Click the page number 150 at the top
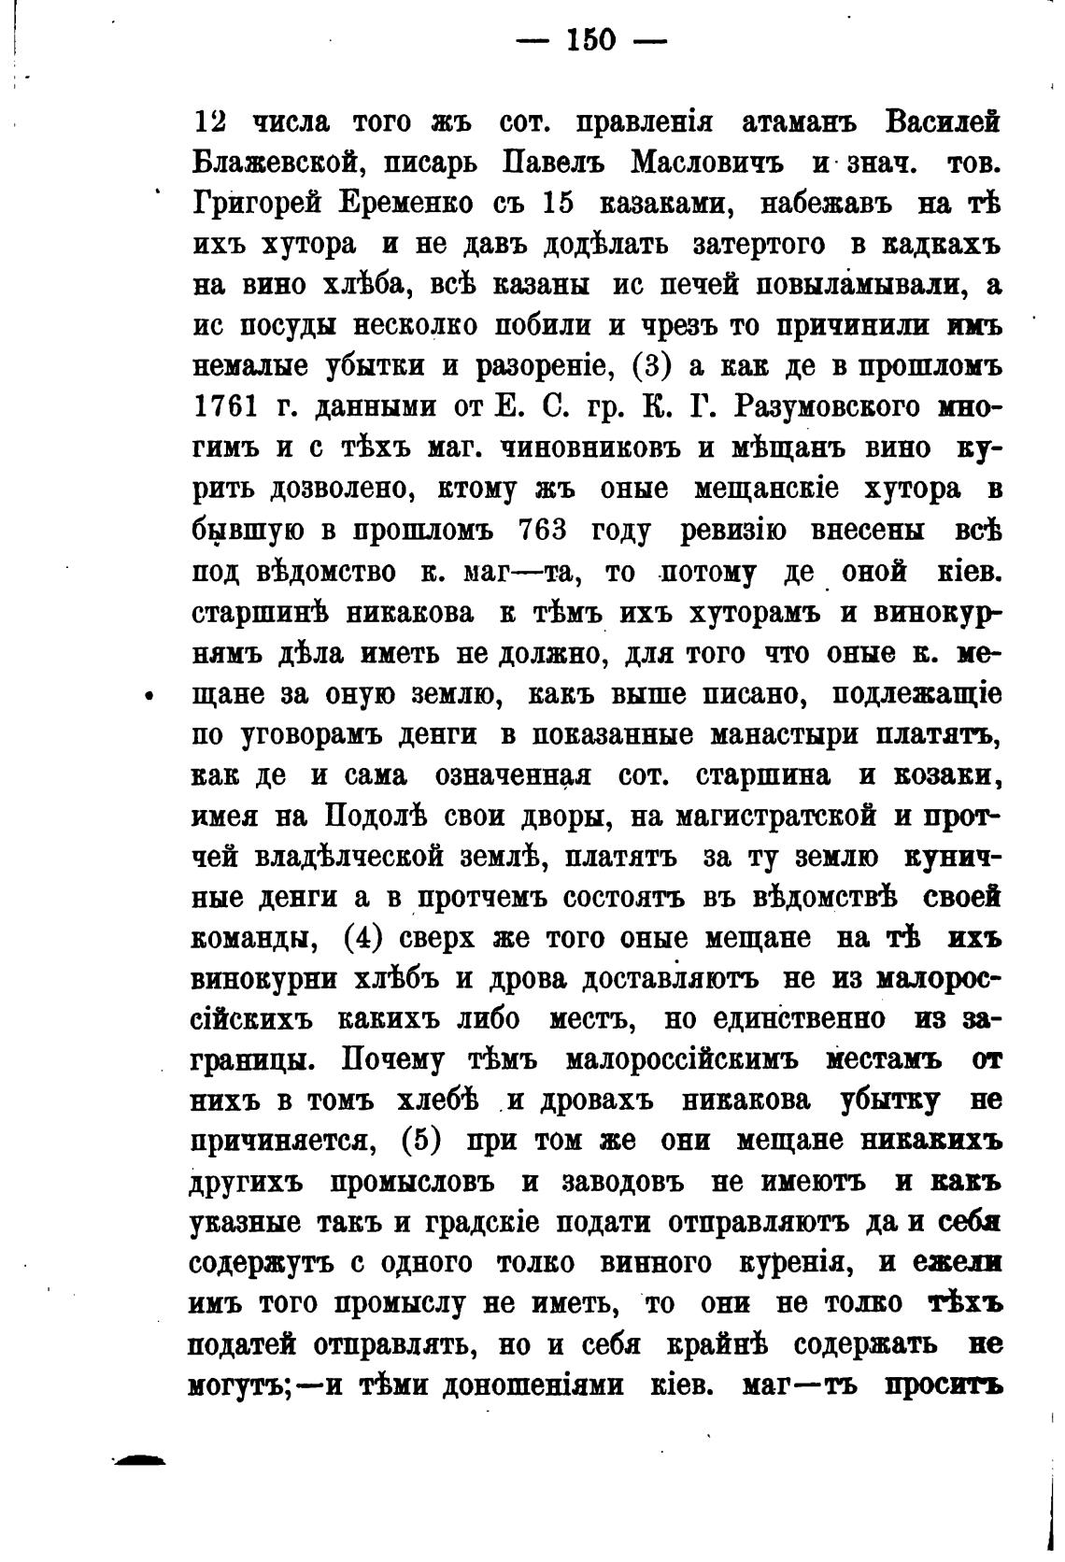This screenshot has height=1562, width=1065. pos(591,40)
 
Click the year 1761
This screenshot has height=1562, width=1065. pos(225,407)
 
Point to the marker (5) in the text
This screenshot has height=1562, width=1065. pos(419,1141)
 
